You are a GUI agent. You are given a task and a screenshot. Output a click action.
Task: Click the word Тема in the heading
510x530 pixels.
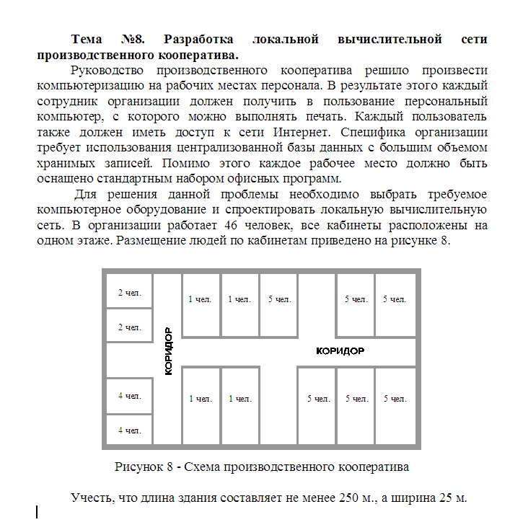pyautogui.click(x=89, y=38)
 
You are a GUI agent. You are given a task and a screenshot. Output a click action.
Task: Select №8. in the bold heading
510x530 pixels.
pyautogui.click(x=136, y=38)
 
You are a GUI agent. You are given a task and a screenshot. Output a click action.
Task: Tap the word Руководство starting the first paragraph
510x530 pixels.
pyautogui.click(x=107, y=70)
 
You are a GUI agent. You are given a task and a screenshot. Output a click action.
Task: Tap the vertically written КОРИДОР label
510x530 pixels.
pyautogui.click(x=168, y=351)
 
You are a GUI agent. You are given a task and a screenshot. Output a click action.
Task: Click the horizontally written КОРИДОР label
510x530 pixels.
pyautogui.click(x=340, y=351)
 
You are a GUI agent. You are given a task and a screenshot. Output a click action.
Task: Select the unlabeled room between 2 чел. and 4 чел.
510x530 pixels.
pyautogui.click(x=129, y=361)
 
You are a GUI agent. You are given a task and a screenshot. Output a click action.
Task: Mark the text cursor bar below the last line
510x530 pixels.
pyautogui.click(x=37, y=513)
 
